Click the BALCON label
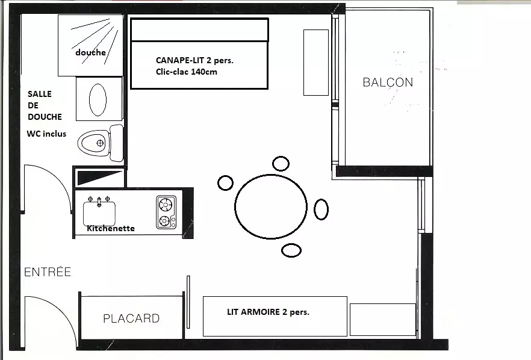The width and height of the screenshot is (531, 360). (388, 82)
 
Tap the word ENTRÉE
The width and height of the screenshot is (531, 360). (48, 272)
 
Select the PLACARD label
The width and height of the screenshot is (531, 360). (131, 318)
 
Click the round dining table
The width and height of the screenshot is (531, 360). (270, 206)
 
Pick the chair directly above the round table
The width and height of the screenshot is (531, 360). (281, 164)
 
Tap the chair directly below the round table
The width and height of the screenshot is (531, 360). (291, 250)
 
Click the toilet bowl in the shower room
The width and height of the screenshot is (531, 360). (93, 143)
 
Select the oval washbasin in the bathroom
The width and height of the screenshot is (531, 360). (98, 100)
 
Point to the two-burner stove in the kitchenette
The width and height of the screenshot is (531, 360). (166, 213)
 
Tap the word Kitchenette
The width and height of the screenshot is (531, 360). (111, 228)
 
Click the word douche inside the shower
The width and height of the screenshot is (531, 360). (90, 52)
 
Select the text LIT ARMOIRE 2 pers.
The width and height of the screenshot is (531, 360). (269, 312)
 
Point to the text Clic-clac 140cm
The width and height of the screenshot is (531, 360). (187, 72)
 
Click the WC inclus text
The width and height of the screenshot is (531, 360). (46, 134)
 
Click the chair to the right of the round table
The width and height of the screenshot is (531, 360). (321, 209)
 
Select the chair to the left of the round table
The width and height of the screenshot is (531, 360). (225, 183)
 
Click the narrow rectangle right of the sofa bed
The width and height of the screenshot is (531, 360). (316, 63)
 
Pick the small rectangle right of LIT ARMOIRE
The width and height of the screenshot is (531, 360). (383, 320)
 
